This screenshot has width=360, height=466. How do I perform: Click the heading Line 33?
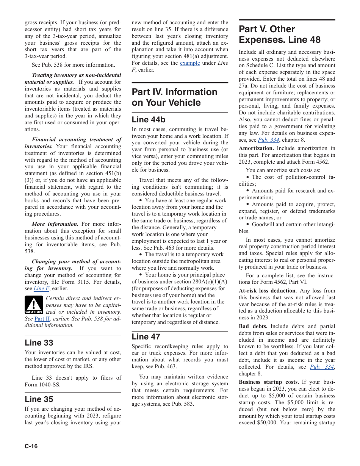pos(39,343)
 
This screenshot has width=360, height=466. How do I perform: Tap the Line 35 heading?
pos(39,399)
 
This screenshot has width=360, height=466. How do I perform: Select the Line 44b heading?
pos(149,120)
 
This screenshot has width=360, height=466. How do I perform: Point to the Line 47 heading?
pos(146,337)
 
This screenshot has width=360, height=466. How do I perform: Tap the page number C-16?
pos(31,446)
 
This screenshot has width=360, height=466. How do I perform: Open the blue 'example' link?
pos(190,63)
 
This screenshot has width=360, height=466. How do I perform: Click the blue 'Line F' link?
pos(41,289)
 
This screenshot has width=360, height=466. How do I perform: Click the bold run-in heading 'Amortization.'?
pos(256,149)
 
